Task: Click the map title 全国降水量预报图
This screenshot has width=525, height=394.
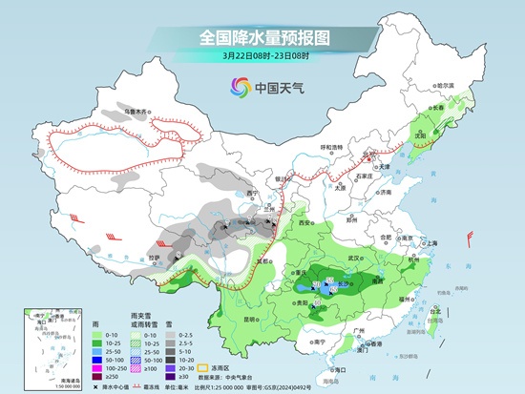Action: click(262, 37)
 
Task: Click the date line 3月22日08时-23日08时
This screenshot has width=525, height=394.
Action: click(262, 57)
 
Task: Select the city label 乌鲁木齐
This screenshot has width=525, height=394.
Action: click(137, 113)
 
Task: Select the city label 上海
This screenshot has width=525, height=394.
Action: click(432, 243)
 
